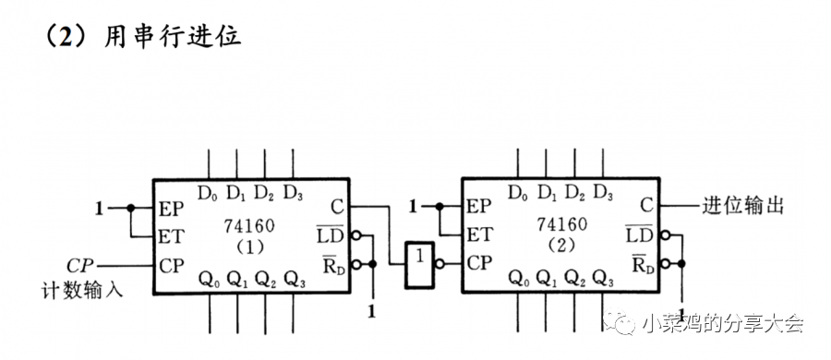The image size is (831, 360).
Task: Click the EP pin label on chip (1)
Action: pyautogui.click(x=172, y=208)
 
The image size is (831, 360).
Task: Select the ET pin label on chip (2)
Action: pyautogui.click(x=481, y=235)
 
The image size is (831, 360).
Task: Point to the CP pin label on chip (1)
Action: pyautogui.click(x=172, y=265)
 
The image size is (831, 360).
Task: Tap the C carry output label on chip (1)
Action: pyautogui.click(x=336, y=207)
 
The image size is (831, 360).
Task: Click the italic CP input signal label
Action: pyautogui.click(x=82, y=264)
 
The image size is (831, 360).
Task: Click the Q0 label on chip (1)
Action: pyautogui.click(x=208, y=278)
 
